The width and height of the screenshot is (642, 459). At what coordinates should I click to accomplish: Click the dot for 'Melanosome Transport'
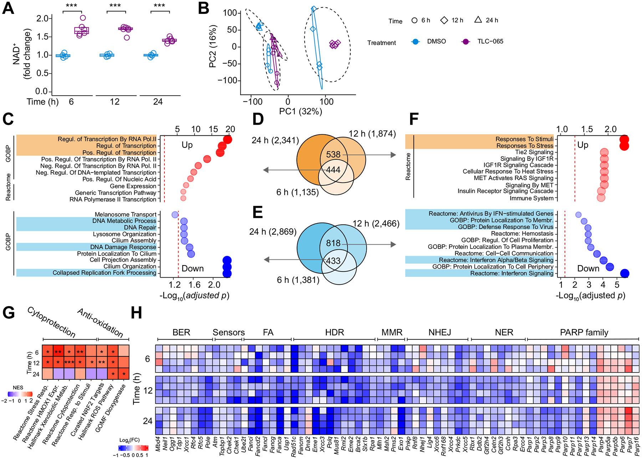tap(175, 215)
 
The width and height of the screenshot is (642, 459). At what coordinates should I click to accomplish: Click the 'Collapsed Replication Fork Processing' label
tap(105, 273)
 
